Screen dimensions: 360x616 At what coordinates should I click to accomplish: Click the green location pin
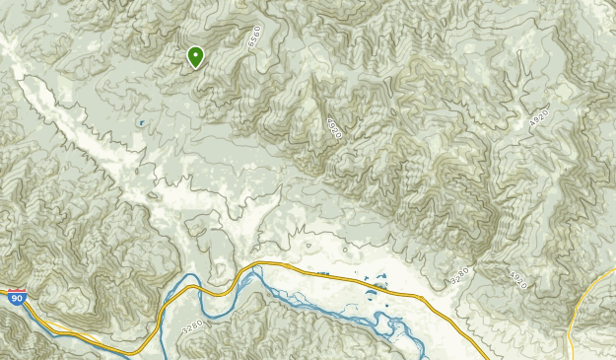tap(195, 57)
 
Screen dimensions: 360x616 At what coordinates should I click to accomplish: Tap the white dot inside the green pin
tap(195, 55)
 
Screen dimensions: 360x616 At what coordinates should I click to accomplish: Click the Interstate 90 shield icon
tap(17, 296)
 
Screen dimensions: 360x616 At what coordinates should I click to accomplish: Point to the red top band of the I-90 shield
tap(17, 291)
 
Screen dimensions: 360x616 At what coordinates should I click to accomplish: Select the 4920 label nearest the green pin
tap(333, 128)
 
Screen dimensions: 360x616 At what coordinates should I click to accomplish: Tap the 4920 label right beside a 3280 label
tap(517, 279)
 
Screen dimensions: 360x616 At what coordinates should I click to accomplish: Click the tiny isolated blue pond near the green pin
tap(142, 123)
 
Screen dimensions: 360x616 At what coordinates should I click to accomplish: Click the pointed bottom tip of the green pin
tap(195, 69)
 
